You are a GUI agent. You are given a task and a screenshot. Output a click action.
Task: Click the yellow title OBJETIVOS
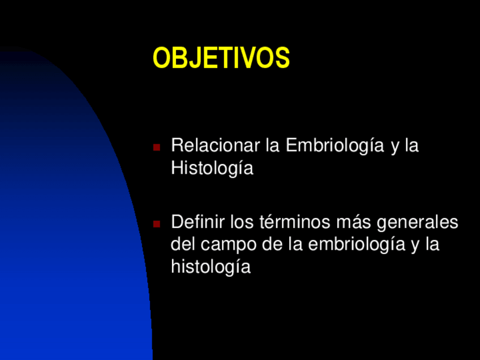coord(221,58)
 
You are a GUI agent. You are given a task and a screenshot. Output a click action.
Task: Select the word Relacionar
coord(216,145)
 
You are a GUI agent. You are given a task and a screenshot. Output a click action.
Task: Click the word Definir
coord(198,221)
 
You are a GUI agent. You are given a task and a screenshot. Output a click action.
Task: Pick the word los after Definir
coord(242,222)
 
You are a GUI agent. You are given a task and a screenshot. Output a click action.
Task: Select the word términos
coord(295,222)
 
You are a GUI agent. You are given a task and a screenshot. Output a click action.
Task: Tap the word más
coord(353,222)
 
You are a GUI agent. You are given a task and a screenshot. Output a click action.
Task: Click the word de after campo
coord(272,244)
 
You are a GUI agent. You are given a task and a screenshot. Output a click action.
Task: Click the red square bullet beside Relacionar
coord(156,147)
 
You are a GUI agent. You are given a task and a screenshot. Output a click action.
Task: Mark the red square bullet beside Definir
coord(156,224)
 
